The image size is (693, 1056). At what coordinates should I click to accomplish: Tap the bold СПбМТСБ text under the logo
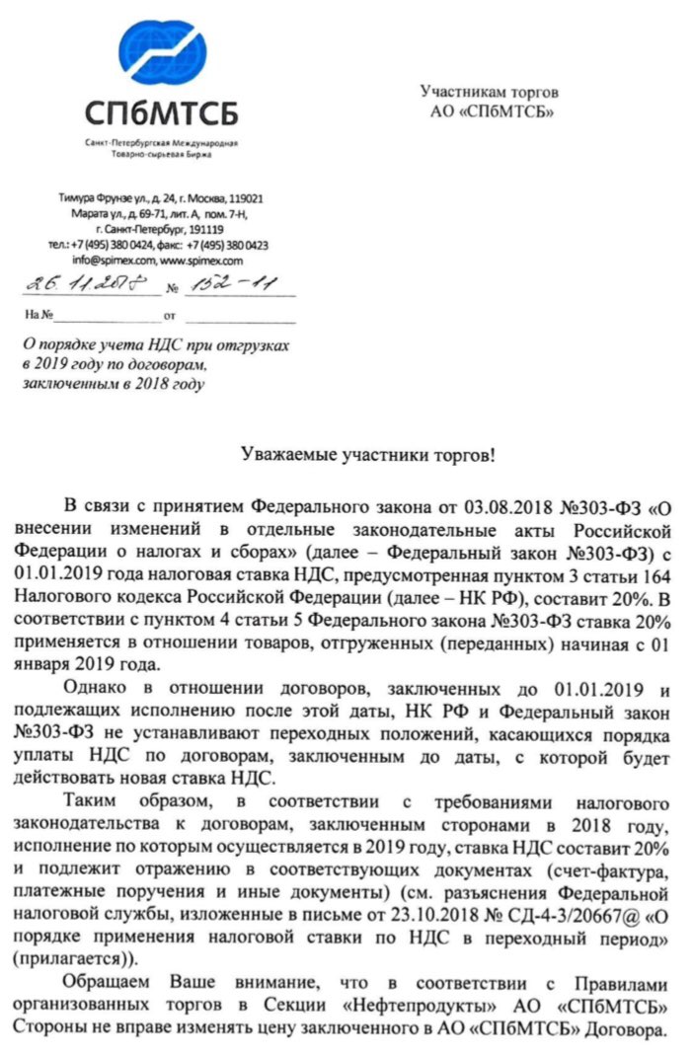pos(161,113)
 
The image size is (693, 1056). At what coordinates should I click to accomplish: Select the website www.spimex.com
pos(201,261)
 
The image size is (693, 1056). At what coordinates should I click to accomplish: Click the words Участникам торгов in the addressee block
pos(490,93)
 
